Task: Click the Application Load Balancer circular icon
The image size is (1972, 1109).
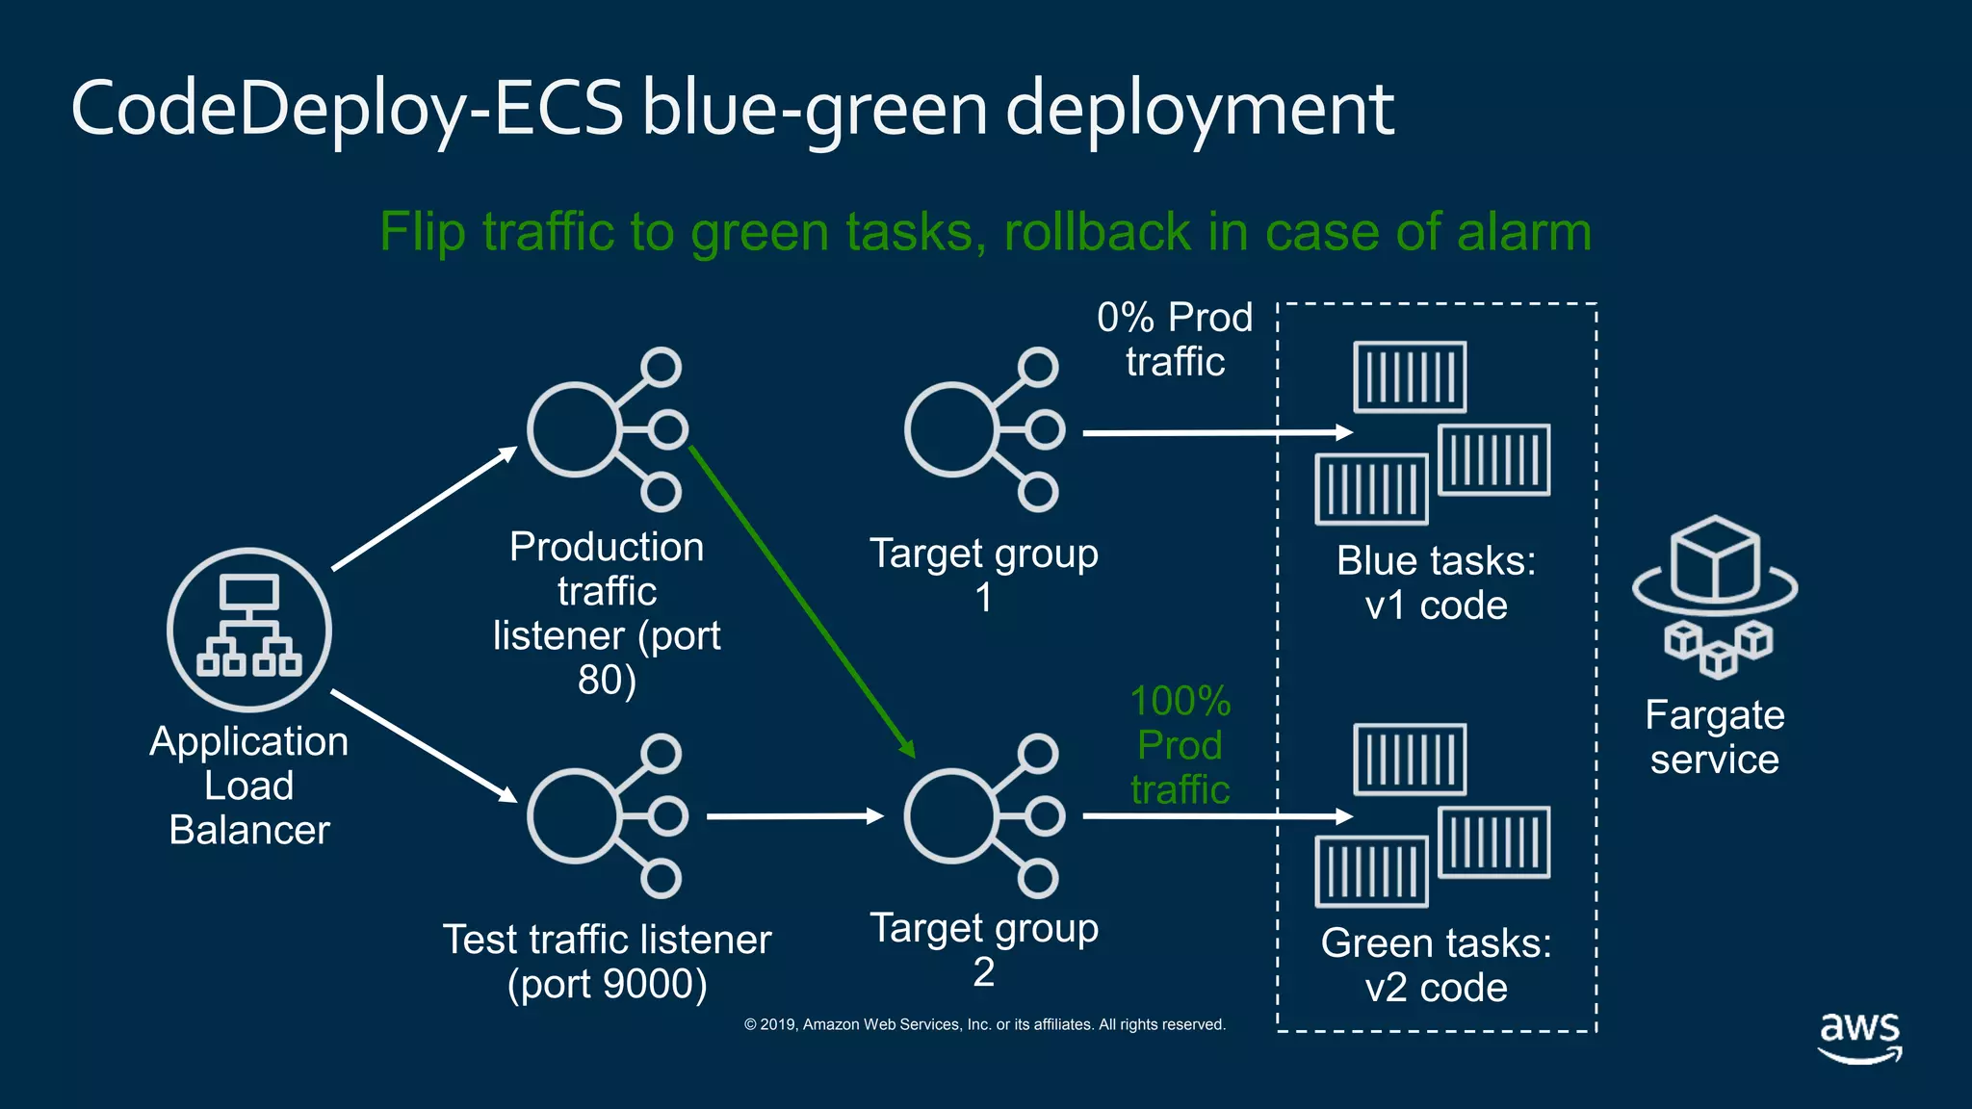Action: [x=248, y=630]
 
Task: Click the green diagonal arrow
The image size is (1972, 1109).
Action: [x=801, y=601]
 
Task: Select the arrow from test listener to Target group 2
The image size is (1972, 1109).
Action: [x=793, y=816]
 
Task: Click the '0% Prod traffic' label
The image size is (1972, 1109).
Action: [x=1175, y=339]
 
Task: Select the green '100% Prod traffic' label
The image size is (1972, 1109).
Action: [x=1180, y=745]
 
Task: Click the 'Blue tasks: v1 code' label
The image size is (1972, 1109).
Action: [x=1436, y=582]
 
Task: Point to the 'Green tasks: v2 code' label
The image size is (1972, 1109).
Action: [x=1436, y=965]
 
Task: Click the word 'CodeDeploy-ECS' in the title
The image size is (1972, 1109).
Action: [x=347, y=108]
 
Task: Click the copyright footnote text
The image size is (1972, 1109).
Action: [x=984, y=1024]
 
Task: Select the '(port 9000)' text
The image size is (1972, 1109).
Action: [x=607, y=984]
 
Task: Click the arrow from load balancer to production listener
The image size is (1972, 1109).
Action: [x=424, y=508]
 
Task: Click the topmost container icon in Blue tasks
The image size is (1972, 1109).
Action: [x=1410, y=376]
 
